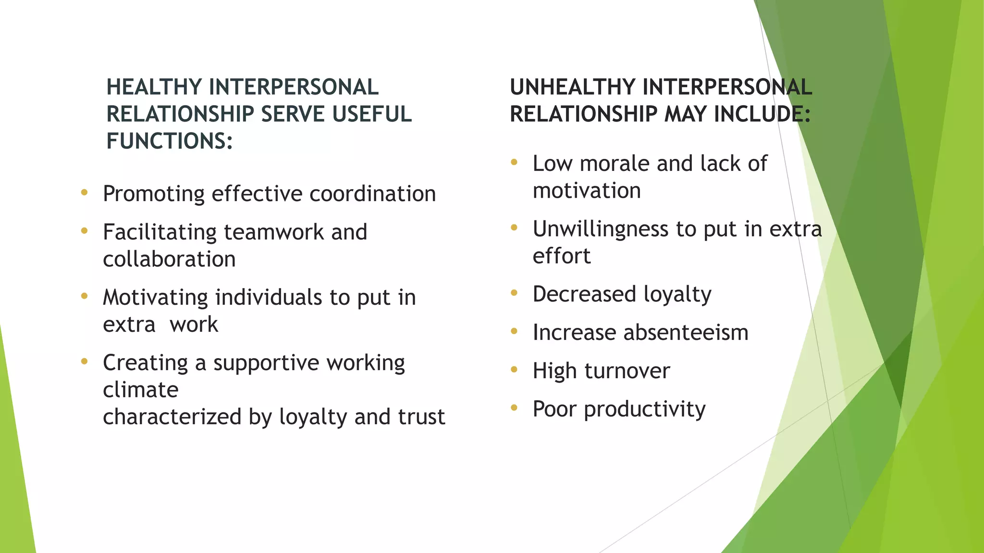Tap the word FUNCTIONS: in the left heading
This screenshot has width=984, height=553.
[169, 141]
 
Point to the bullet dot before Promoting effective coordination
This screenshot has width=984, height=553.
[85, 193]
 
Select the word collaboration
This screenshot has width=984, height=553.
[169, 260]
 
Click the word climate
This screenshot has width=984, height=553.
[140, 390]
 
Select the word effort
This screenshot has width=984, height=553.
[561, 256]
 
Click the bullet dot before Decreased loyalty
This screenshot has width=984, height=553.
[514, 293]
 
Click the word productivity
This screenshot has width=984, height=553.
[644, 409]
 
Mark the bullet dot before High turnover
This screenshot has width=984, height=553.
[514, 370]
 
